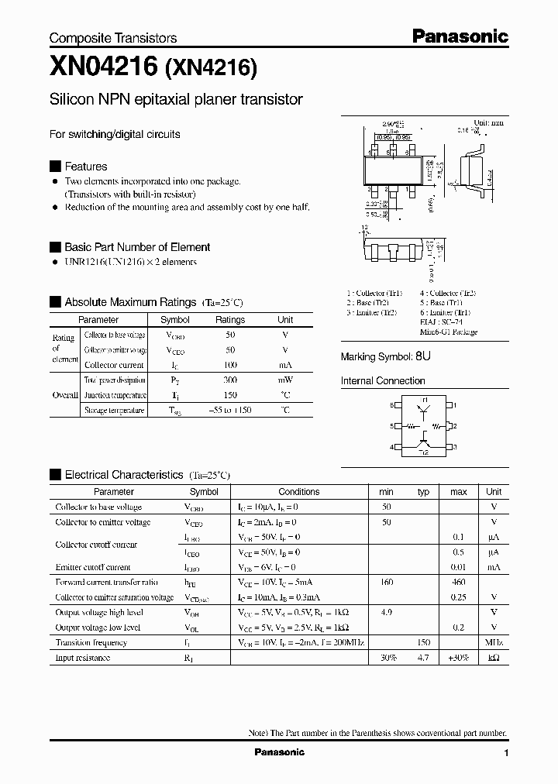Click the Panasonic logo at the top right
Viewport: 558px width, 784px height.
(459, 36)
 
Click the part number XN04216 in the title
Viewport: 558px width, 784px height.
(104, 67)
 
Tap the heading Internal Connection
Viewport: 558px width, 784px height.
(383, 381)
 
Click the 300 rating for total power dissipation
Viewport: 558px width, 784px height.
(230, 380)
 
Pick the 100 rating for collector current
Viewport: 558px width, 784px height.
(230, 365)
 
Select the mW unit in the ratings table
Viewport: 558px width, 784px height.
(285, 380)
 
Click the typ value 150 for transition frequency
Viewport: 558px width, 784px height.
(423, 642)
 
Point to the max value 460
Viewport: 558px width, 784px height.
(459, 582)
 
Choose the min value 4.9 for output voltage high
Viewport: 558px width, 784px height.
(386, 612)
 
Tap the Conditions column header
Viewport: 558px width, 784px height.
(299, 492)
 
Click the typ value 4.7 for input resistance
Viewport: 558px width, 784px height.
(423, 658)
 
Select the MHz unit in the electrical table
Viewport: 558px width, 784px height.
(494, 642)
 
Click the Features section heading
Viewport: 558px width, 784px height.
(85, 167)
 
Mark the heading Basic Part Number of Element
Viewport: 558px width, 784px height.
(137, 247)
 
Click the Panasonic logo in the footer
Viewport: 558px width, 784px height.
(280, 752)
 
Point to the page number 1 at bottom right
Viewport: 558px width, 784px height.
(506, 753)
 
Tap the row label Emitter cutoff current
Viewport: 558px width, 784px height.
(92, 567)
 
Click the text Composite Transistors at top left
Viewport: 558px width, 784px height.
(113, 38)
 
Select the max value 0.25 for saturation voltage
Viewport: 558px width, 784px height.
(459, 597)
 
